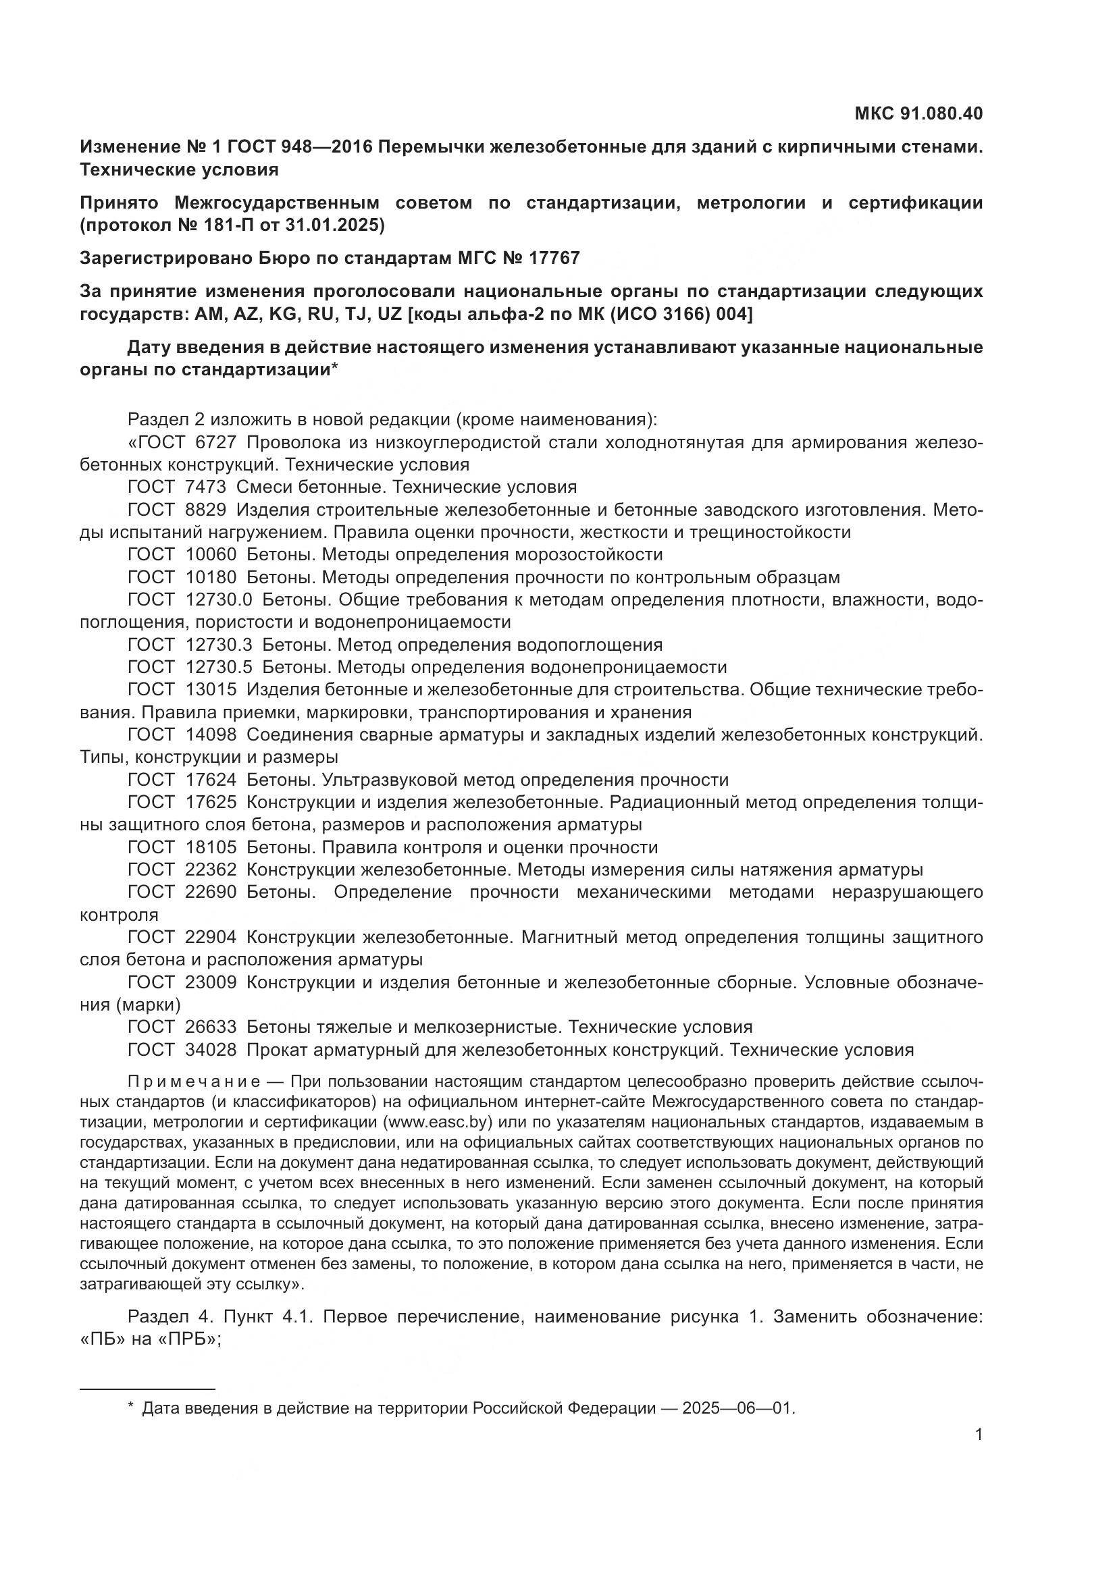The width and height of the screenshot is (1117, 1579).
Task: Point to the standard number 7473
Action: point(205,487)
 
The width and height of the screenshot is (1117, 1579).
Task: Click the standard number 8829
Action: point(205,510)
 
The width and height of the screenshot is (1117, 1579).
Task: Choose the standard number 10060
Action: point(211,554)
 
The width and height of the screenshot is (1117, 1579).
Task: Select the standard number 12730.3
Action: point(219,645)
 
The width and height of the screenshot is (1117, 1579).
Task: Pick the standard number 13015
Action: point(211,690)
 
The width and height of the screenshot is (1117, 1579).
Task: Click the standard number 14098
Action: point(211,735)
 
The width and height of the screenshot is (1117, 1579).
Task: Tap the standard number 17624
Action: point(211,780)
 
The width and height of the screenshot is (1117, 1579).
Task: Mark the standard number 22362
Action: point(211,870)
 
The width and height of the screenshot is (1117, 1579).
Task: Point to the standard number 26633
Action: point(211,1027)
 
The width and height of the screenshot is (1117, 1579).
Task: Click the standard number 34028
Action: point(211,1050)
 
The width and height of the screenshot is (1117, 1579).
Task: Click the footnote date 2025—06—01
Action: point(737,1408)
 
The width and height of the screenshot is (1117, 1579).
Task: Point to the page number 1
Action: point(978,1435)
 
